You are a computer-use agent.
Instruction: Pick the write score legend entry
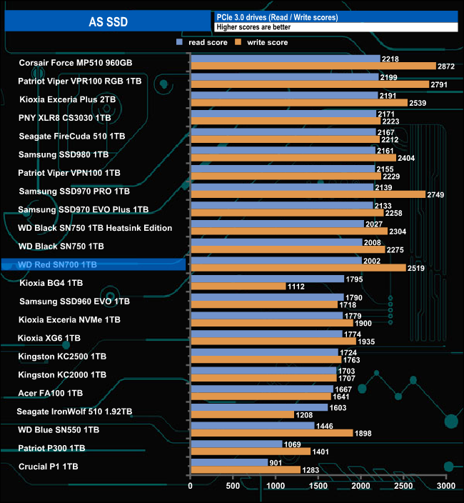(264, 43)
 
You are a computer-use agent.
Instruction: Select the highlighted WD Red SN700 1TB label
(57, 265)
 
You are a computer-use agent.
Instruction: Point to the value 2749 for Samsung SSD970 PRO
(438, 195)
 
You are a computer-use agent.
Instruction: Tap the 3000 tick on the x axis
(446, 486)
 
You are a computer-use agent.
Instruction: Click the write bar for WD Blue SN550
(271, 433)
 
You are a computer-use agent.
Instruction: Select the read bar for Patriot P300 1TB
(236, 444)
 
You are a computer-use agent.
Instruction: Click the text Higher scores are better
(252, 27)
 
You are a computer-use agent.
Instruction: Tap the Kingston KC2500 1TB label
(62, 356)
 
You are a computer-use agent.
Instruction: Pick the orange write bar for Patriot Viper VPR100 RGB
(310, 84)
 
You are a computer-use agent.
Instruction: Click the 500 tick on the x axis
(233, 486)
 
